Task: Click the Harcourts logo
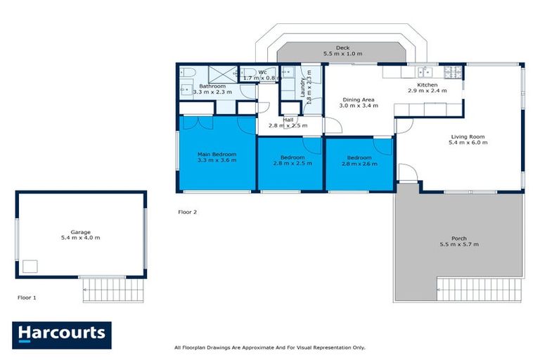pyautogui.click(x=61, y=334)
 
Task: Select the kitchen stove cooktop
pyautogui.click(x=451, y=71)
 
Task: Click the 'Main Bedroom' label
pyautogui.click(x=217, y=154)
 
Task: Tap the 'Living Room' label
pyautogui.click(x=468, y=136)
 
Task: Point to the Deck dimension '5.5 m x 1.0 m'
pyautogui.click(x=342, y=53)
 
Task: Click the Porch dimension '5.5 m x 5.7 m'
pyautogui.click(x=458, y=245)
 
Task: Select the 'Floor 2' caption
pyautogui.click(x=187, y=212)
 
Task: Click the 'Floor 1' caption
pyautogui.click(x=27, y=297)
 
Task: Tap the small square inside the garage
pyautogui.click(x=30, y=266)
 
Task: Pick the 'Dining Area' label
pyautogui.click(x=357, y=100)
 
